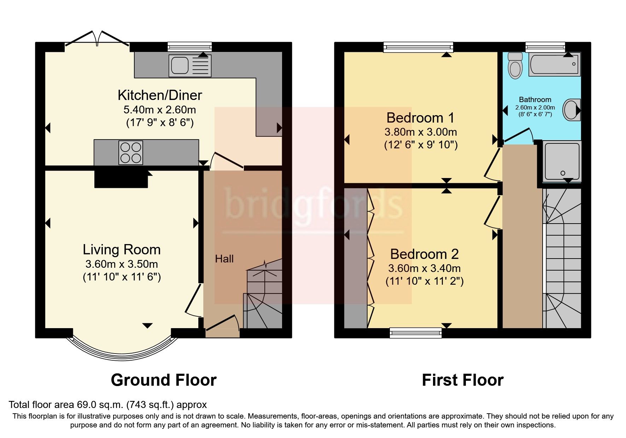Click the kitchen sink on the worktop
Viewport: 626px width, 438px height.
190,66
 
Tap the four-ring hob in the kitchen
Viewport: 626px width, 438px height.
131,153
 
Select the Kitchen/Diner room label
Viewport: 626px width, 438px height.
160,95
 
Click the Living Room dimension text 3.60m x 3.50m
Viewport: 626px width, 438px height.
122,264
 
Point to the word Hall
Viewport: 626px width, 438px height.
224,259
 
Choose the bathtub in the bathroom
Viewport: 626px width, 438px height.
554,64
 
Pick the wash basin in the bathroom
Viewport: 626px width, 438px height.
571,110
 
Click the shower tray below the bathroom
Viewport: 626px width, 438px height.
562,161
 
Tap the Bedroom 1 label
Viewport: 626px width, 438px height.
420,118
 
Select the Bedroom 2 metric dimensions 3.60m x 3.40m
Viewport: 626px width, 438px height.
424,268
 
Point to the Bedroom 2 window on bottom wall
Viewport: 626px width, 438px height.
416,332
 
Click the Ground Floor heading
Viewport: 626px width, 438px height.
163,380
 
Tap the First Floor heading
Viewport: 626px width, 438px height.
462,380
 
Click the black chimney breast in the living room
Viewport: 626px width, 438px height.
121,179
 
